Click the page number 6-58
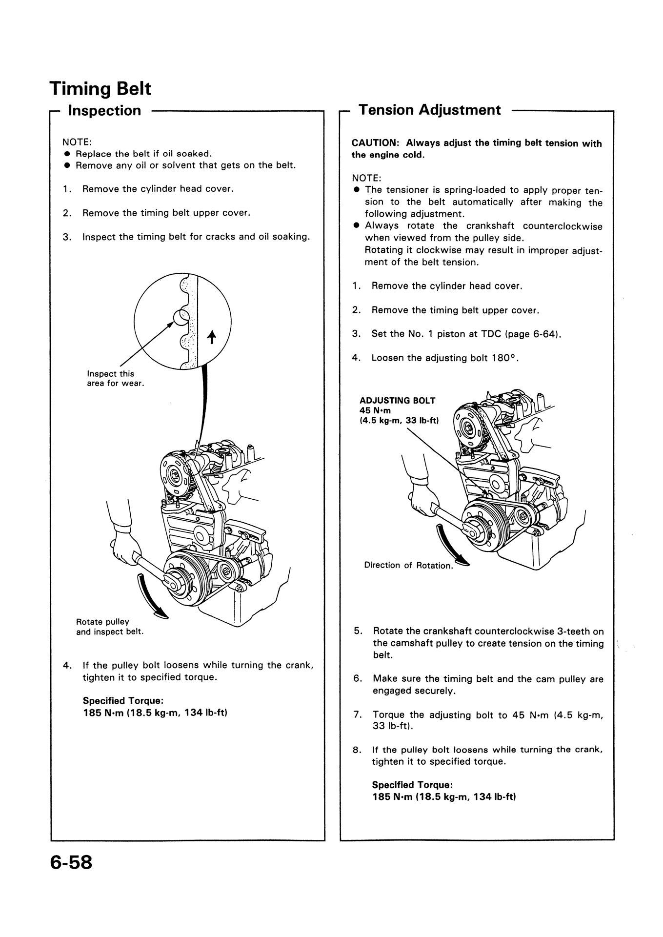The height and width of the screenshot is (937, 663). pyautogui.click(x=71, y=862)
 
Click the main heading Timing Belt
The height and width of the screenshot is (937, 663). pyautogui.click(x=100, y=88)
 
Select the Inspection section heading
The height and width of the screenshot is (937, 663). pyautogui.click(x=104, y=111)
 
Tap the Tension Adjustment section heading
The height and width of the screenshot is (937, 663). pyautogui.click(x=429, y=110)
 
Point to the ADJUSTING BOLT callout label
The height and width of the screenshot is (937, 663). pyautogui.click(x=397, y=401)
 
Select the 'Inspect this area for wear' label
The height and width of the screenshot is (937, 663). pyautogui.click(x=115, y=378)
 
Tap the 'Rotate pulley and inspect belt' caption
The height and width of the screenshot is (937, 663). pyautogui.click(x=110, y=627)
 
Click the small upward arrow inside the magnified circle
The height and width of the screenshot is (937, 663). pyautogui.click(x=211, y=337)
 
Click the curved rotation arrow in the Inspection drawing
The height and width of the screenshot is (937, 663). pyautogui.click(x=149, y=598)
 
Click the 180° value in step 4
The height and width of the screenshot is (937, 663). pyautogui.click(x=503, y=358)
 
